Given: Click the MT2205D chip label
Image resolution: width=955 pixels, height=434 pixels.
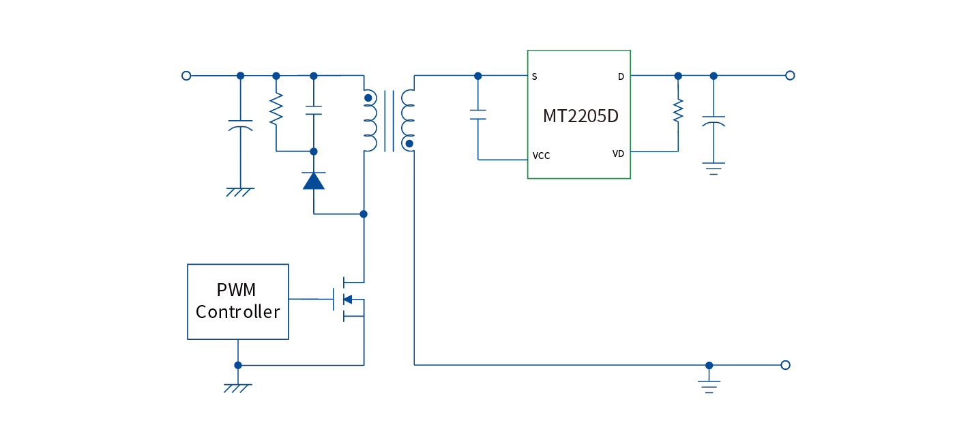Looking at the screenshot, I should pyautogui.click(x=581, y=116).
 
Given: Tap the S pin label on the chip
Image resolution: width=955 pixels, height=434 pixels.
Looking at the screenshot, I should pyautogui.click(x=534, y=76).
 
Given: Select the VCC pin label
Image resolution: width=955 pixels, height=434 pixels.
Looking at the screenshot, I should pyautogui.click(x=541, y=156).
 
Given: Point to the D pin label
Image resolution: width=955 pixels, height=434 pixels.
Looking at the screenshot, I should pyautogui.click(x=621, y=76).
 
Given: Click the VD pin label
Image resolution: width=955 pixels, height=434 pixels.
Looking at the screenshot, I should pyautogui.click(x=618, y=154).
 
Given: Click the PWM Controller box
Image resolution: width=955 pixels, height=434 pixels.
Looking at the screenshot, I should pyautogui.click(x=238, y=302).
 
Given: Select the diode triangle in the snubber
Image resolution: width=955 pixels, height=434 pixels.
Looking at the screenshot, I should pyautogui.click(x=313, y=181).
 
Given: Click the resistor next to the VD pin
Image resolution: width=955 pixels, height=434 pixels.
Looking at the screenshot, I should pyautogui.click(x=678, y=111).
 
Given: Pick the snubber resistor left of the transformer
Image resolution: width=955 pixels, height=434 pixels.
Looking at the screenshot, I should pyautogui.click(x=276, y=110).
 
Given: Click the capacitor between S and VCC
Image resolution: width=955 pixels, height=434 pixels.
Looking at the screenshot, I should pyautogui.click(x=478, y=114).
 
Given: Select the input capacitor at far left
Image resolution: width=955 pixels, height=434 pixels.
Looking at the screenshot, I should pyautogui.click(x=240, y=124).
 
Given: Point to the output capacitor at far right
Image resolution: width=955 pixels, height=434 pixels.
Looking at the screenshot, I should pyautogui.click(x=714, y=121).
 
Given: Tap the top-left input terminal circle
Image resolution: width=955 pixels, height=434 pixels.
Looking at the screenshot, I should pyautogui.click(x=186, y=76).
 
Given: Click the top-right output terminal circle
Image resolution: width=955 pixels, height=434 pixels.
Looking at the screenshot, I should pyautogui.click(x=790, y=76).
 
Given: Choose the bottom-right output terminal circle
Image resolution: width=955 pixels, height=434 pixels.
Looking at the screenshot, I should pyautogui.click(x=785, y=365).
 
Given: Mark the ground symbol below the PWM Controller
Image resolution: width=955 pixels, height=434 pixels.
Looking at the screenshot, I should pyautogui.click(x=238, y=388).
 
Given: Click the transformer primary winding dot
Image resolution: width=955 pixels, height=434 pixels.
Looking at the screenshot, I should pyautogui.click(x=368, y=98).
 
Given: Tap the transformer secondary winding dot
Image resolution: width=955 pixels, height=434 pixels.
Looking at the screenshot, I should pyautogui.click(x=409, y=143).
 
